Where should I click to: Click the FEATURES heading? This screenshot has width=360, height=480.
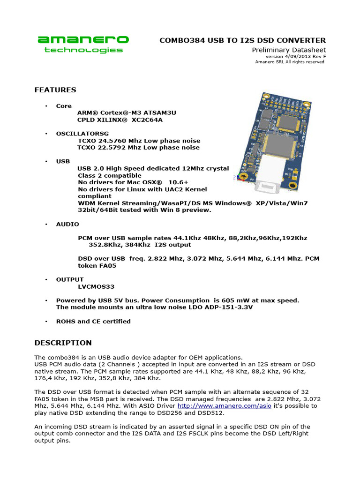tap(55, 90)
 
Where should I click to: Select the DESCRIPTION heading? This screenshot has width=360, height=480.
tap(63, 343)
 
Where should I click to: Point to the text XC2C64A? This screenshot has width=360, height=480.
tap(148, 120)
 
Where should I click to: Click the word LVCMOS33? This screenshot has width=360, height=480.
tap(96, 286)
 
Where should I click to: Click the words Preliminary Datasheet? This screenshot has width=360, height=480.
tap(289, 50)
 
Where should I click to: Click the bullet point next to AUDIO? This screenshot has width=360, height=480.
tap(46, 225)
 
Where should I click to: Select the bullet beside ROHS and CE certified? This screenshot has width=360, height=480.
tap(46, 322)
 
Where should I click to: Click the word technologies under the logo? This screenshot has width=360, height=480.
tap(83, 50)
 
